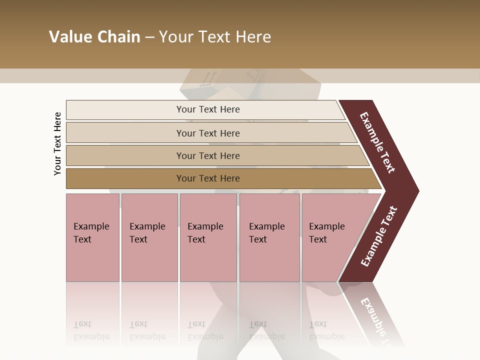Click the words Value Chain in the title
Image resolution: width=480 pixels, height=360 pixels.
point(94,37)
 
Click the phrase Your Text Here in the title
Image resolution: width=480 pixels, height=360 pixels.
point(215,37)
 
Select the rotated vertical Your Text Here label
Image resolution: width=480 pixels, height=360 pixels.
point(57,143)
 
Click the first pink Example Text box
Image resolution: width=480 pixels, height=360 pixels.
point(92,237)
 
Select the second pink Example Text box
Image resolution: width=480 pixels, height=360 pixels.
point(149,237)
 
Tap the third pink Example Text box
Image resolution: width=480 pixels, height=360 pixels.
point(208,237)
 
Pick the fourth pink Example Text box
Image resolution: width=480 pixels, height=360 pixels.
point(269,237)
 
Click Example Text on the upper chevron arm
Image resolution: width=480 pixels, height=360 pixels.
point(377,142)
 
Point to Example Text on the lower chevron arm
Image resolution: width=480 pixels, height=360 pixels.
point(378,236)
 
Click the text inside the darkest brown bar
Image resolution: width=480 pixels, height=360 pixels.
point(208,178)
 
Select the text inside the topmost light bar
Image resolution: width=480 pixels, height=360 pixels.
point(208,109)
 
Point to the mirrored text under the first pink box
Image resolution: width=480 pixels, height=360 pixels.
point(91,330)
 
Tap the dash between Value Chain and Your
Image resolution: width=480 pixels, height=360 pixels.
point(149,37)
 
